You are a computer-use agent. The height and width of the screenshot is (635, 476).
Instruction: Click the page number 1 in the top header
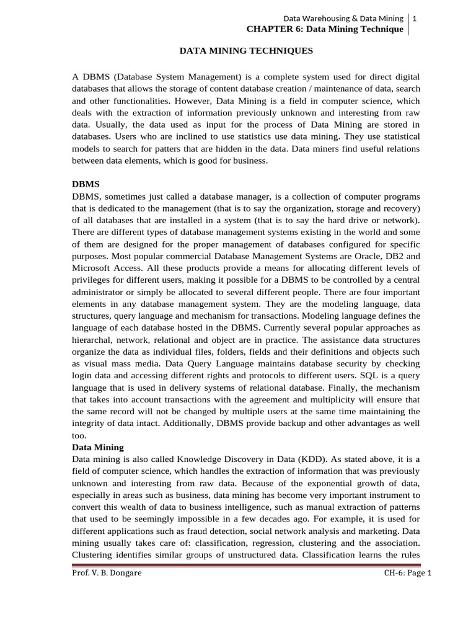414,19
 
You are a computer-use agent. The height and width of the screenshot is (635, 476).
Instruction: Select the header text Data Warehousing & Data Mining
343,19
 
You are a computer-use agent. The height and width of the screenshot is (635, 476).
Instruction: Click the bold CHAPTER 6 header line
325,29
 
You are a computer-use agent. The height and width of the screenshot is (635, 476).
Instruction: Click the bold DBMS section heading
85,185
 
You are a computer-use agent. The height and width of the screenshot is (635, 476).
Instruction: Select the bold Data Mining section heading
98,447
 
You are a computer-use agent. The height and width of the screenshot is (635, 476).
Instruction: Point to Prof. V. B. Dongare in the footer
107,573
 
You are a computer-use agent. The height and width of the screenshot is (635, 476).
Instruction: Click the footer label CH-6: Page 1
407,573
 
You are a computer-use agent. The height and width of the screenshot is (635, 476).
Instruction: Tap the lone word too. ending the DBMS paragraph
79,435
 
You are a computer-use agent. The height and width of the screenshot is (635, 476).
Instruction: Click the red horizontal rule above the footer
246,565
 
